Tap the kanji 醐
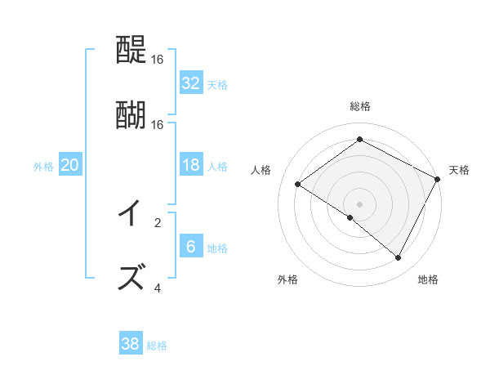click(x=131, y=114)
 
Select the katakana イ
click(x=131, y=213)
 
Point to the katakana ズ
click(x=131, y=275)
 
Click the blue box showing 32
click(x=191, y=83)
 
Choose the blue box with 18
click(x=191, y=165)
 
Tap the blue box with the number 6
click(x=191, y=247)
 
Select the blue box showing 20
click(x=70, y=165)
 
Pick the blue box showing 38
click(x=131, y=344)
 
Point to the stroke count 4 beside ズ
click(x=158, y=288)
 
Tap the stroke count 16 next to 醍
click(x=158, y=60)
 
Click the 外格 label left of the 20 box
click(x=43, y=167)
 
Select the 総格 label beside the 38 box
click(x=157, y=346)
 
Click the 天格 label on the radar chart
click(x=459, y=170)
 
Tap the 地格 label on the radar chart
click(x=428, y=279)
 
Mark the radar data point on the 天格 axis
click(x=437, y=178)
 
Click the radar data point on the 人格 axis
click(x=298, y=185)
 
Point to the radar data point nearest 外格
click(x=350, y=217)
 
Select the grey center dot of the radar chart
click(x=359, y=203)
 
